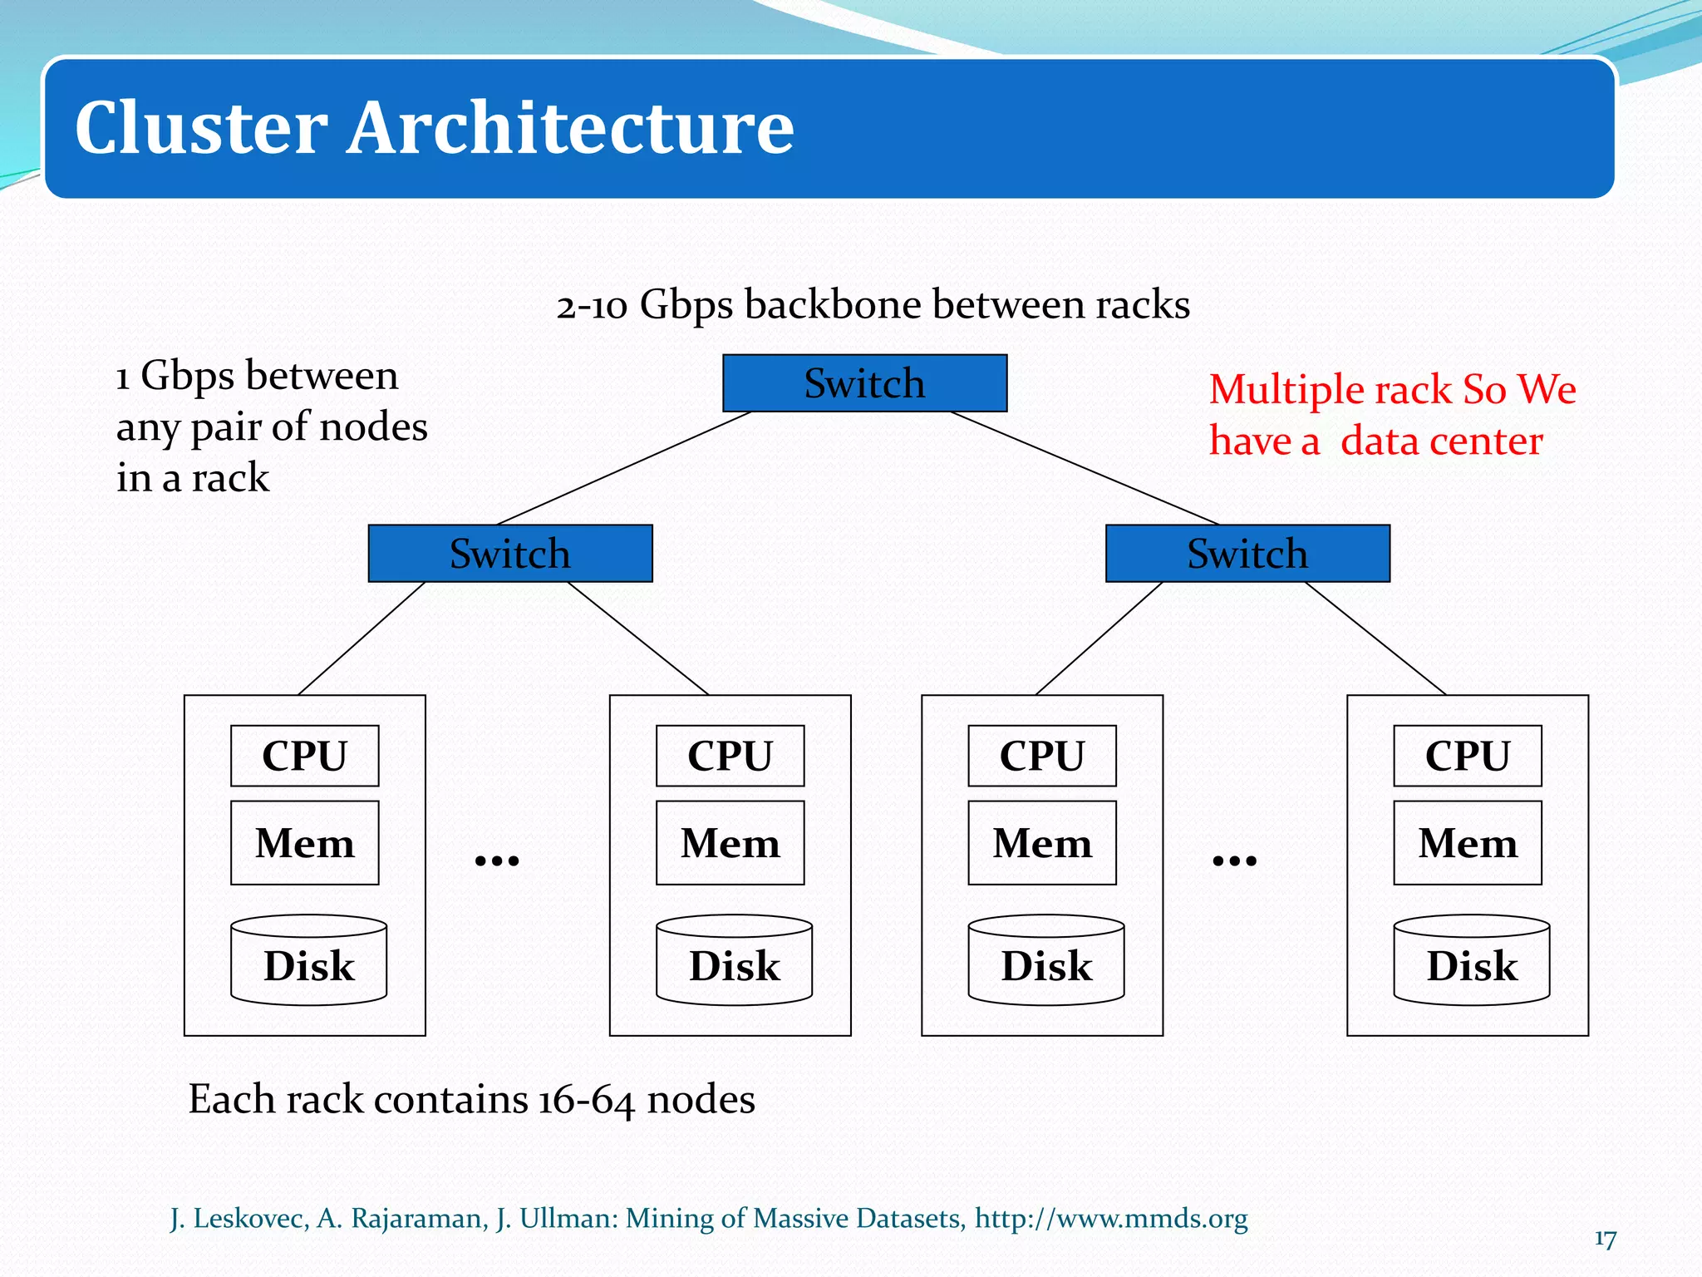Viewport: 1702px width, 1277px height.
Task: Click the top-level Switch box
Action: [864, 383]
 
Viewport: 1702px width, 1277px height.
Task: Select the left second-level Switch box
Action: [510, 554]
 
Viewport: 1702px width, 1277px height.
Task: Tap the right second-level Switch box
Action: [1247, 554]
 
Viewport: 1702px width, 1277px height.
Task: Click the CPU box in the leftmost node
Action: [304, 756]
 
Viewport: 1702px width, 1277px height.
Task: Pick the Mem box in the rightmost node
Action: [1467, 843]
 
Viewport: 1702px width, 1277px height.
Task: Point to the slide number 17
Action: [1605, 1240]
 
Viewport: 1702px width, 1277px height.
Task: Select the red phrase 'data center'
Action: [1441, 441]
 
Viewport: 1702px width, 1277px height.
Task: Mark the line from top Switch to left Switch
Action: [623, 468]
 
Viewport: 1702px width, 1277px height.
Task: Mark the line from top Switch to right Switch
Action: [1085, 468]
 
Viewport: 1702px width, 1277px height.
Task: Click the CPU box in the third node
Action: [1041, 756]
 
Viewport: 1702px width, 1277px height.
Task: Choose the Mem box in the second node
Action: [730, 843]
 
